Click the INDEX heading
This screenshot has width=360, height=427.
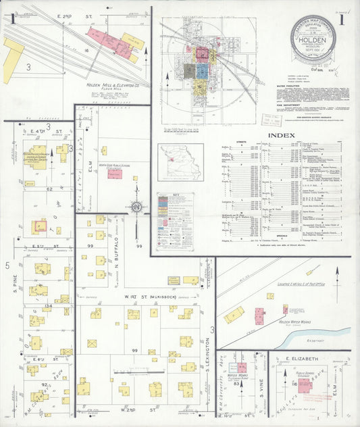(281, 135)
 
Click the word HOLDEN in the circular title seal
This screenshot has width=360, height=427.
(317, 39)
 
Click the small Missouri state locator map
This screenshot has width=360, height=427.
(180, 162)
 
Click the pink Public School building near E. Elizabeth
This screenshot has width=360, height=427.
(304, 384)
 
